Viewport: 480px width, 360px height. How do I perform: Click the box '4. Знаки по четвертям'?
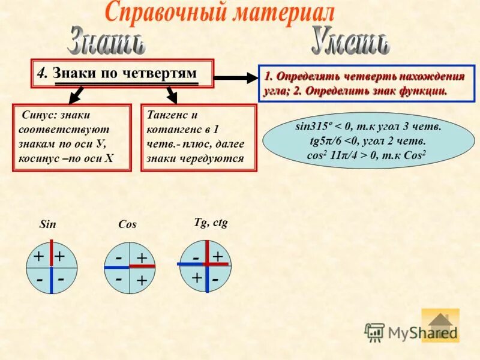click(x=122, y=74)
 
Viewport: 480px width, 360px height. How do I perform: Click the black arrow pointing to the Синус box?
click(x=76, y=95)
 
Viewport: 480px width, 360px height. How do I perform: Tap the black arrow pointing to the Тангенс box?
click(x=172, y=94)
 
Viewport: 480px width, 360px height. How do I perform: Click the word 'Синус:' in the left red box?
click(x=40, y=115)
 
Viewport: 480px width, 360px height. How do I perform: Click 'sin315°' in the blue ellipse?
click(x=313, y=127)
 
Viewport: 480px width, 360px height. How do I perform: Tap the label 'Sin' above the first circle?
click(x=47, y=224)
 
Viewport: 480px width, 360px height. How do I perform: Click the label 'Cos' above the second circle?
click(x=127, y=224)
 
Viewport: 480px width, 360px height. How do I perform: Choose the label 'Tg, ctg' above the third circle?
click(x=211, y=222)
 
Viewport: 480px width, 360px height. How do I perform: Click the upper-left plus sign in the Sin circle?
click(x=38, y=257)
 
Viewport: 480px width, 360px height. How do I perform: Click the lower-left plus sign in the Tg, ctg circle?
click(x=197, y=278)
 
